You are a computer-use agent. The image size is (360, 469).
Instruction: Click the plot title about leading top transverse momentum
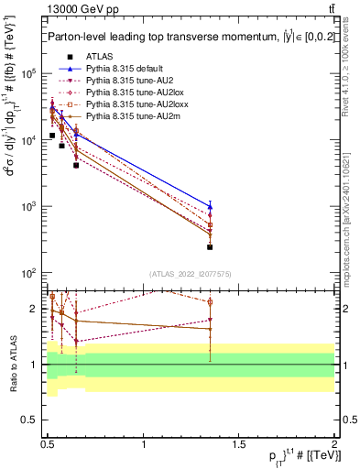tap(183, 37)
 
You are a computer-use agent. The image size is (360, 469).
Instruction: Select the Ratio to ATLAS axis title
tap(12, 364)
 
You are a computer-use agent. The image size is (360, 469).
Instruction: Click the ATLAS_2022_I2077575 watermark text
tap(190, 274)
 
